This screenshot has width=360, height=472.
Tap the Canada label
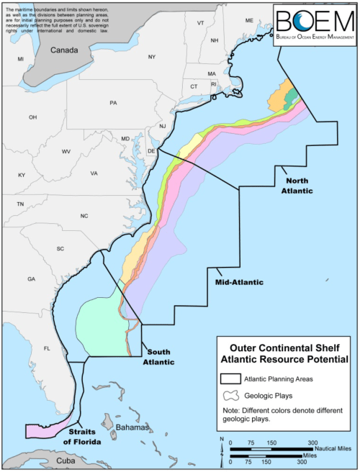pyautogui.click(x=66, y=50)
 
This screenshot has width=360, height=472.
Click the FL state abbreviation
pyautogui.click(x=47, y=349)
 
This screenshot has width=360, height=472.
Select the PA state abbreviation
pyautogui.click(x=113, y=103)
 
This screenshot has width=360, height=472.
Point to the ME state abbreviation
pyautogui.click(x=249, y=20)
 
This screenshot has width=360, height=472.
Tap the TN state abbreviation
pyautogui.click(x=20, y=204)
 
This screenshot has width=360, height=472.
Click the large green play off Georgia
pyautogui.click(x=101, y=327)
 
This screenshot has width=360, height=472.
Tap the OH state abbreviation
pyautogui.click(x=32, y=117)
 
